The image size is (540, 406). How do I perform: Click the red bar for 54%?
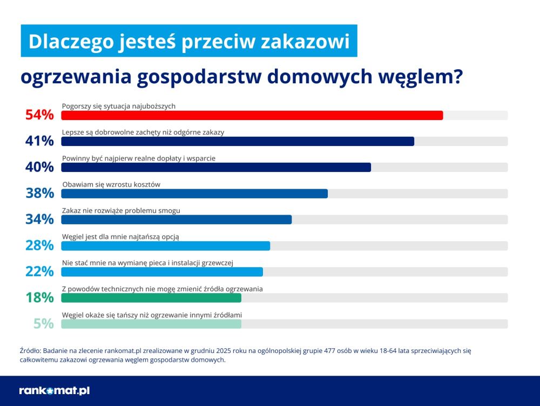[x=252, y=115]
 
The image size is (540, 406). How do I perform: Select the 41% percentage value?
[x=39, y=141]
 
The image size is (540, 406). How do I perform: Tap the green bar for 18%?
[x=151, y=298]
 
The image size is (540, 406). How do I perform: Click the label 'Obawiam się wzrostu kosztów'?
[x=111, y=184]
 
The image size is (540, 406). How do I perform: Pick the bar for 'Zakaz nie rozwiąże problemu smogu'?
[x=176, y=219]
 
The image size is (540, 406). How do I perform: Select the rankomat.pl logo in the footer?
[x=54, y=390]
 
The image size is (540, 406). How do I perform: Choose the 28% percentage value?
[x=39, y=245]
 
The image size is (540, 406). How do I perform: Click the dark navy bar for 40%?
[x=216, y=167]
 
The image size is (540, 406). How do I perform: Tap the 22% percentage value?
[x=39, y=271]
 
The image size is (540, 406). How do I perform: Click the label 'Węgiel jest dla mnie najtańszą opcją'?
[x=120, y=236]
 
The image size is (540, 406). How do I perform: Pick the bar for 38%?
[x=194, y=194]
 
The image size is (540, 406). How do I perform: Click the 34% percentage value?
[x=39, y=219]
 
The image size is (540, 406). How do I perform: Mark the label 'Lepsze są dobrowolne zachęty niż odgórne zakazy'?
[x=143, y=132]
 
